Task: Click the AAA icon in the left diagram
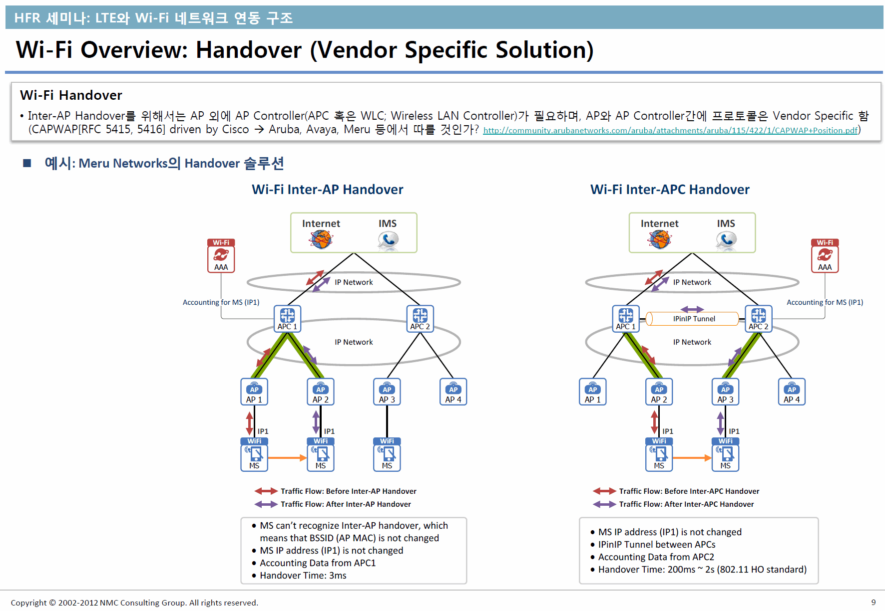[221, 256]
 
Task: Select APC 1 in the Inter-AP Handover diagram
[287, 319]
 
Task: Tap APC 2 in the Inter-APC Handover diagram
[758, 319]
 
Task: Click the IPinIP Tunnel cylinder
[692, 319]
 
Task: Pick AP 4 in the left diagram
[453, 392]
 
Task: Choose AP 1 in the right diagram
[592, 392]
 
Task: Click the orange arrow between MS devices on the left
[287, 457]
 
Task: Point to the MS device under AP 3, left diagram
[387, 454]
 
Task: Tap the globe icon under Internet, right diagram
[659, 239]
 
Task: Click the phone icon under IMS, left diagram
[388, 240]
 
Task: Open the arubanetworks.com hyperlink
[670, 131]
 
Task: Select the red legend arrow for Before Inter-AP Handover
[266, 491]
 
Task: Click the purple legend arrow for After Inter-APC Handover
[604, 504]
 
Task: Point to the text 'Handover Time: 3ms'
[303, 576]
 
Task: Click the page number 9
[874, 603]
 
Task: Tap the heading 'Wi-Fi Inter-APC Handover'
[670, 190]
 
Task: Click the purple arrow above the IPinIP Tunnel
[692, 309]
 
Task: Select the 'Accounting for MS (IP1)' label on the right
[825, 302]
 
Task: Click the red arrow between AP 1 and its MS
[250, 422]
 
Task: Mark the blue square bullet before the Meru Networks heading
[27, 163]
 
